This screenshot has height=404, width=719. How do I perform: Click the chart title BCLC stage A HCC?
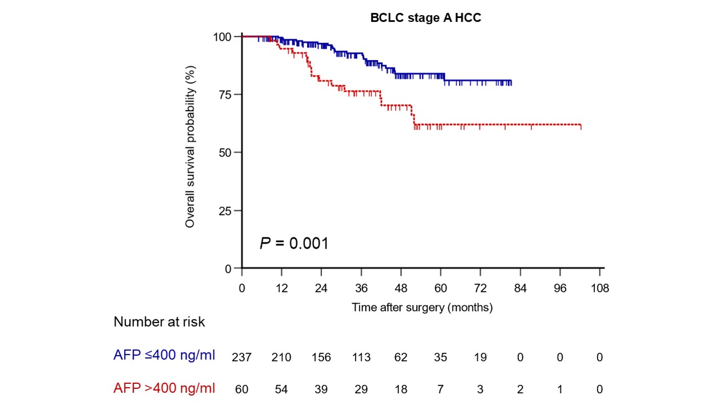pyautogui.click(x=425, y=18)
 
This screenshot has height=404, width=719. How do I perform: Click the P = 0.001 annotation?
pyautogui.click(x=294, y=244)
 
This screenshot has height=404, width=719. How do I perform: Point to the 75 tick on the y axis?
pyautogui.click(x=225, y=94)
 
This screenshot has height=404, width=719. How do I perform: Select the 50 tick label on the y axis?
pyautogui.click(x=225, y=153)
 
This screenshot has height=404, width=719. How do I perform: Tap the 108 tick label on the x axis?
pyautogui.click(x=600, y=288)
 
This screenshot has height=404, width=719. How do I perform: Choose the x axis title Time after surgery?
pyautogui.click(x=422, y=307)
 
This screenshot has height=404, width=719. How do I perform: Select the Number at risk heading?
pyautogui.click(x=159, y=322)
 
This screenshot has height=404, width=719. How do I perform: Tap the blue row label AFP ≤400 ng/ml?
pyautogui.click(x=164, y=355)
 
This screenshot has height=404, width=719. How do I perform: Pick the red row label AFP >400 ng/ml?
pyautogui.click(x=164, y=388)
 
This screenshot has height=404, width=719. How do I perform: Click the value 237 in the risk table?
pyautogui.click(x=242, y=357)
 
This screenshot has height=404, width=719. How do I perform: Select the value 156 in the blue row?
pyautogui.click(x=321, y=357)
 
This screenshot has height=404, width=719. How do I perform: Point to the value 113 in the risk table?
pyautogui.click(x=361, y=357)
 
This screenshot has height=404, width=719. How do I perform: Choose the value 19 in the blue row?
pyautogui.click(x=480, y=357)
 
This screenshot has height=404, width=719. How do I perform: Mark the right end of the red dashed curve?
pyautogui.click(x=580, y=125)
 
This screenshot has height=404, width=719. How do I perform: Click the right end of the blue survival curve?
pyautogui.click(x=511, y=82)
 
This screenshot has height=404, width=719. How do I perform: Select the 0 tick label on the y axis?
pyautogui.click(x=229, y=269)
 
